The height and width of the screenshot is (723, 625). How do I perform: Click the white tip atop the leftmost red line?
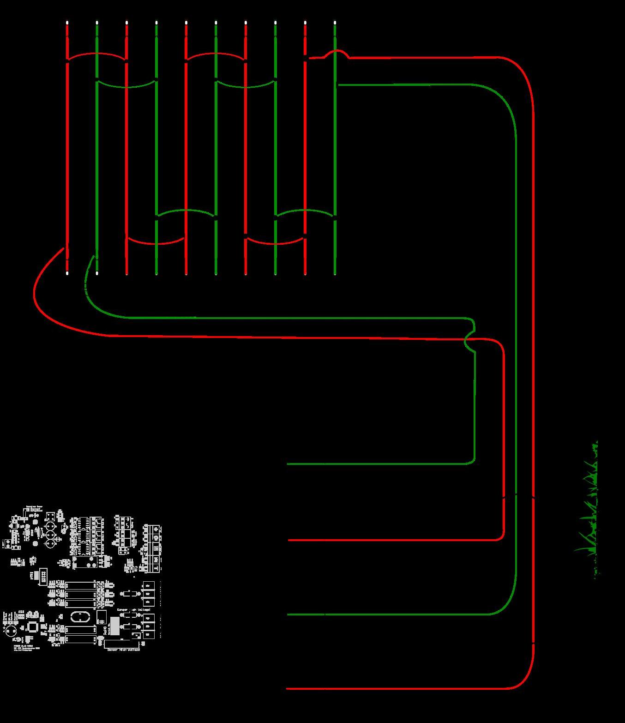coord(67,23)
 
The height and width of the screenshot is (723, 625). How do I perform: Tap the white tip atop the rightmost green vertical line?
coord(335,23)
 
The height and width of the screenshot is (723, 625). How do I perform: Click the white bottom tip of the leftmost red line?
coord(67,273)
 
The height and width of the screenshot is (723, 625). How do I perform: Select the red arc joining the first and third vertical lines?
coord(97,54)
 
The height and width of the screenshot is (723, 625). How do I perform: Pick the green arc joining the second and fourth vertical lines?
coord(126,86)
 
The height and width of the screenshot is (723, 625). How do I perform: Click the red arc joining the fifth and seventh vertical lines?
coord(216,54)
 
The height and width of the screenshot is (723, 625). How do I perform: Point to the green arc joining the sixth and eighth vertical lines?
coord(246,86)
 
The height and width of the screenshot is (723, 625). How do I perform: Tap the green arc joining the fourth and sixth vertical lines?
coord(186,211)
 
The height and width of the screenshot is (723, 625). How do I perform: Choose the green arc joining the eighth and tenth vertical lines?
coord(305,211)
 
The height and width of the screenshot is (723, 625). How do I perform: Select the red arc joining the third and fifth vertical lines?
coord(156,243)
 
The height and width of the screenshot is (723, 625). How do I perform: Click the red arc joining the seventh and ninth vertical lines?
coord(276,243)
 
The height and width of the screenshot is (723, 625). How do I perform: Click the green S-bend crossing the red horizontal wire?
coord(469,340)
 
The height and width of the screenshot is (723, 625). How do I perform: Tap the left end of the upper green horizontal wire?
coord(288,464)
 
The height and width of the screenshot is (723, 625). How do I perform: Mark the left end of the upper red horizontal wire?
coord(289,540)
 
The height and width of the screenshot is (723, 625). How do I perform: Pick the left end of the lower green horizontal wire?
coord(288,615)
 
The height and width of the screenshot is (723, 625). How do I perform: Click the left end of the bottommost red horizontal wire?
coord(288,689)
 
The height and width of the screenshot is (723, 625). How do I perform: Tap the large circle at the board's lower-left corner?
coord(11,631)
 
